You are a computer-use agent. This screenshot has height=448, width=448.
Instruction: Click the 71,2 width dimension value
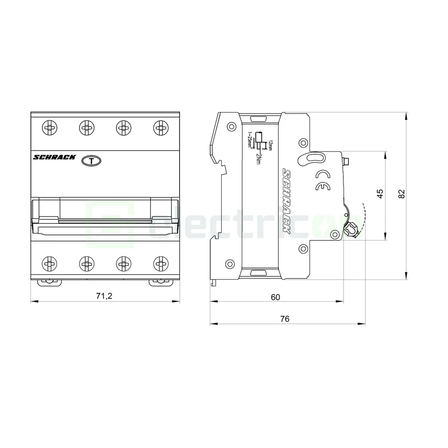coord(104,296)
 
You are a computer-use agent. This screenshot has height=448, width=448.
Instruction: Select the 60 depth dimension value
coord(275,297)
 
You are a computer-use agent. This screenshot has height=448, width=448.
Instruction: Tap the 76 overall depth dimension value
coord(285,319)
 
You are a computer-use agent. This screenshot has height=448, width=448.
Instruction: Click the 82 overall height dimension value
coord(401,194)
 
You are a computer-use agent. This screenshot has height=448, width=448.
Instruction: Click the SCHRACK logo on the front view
coord(54,157)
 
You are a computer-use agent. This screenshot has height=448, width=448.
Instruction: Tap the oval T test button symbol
coord(91,161)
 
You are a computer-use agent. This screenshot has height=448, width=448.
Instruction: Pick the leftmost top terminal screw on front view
coord(49,127)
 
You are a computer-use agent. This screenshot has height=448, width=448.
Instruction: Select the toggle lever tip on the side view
coord(351,229)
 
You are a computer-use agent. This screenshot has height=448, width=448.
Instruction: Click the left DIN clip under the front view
coord(49,282)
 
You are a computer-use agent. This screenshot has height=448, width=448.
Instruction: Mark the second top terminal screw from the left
coord(87,127)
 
